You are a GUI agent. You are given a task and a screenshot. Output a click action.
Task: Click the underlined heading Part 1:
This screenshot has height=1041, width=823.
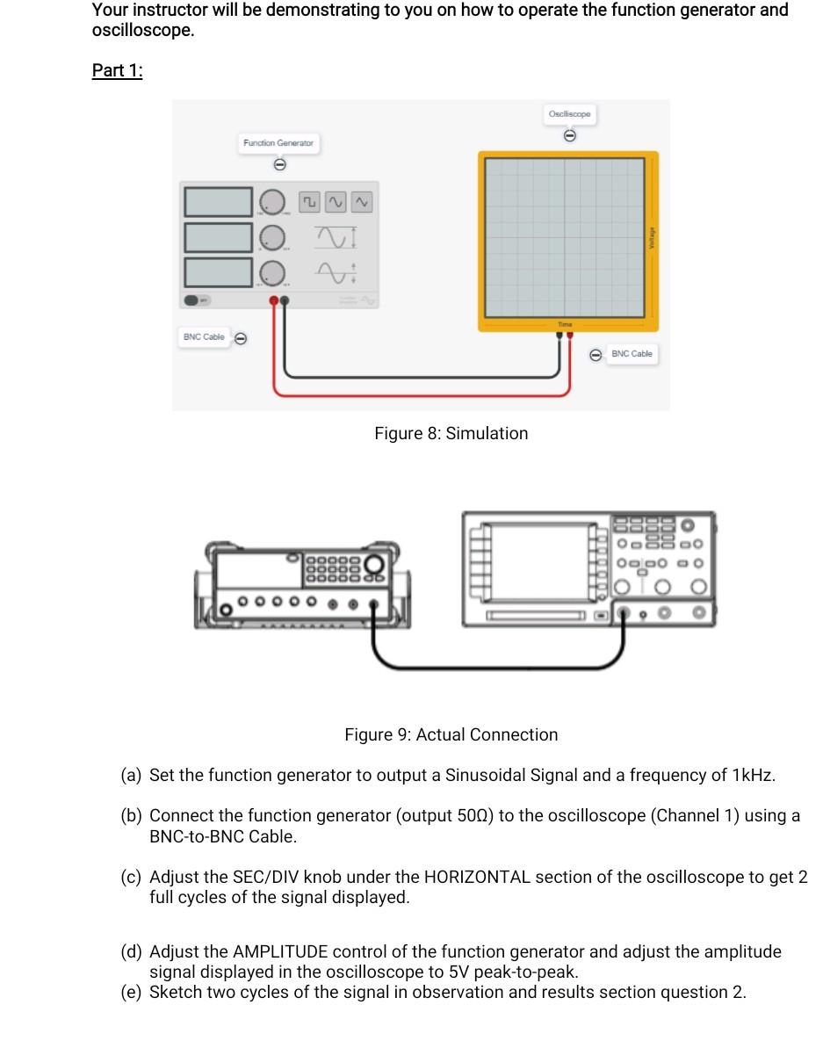coord(117,71)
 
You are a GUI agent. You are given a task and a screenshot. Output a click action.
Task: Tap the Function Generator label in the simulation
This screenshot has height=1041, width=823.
coord(278,142)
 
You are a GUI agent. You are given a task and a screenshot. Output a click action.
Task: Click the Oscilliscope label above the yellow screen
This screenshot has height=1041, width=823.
coord(570,114)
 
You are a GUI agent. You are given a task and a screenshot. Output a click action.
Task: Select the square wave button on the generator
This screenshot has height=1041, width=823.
coord(309,202)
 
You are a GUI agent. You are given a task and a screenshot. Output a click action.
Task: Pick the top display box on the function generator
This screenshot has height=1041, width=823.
coord(218,201)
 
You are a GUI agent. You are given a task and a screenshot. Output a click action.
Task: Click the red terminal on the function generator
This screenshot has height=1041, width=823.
coord(274,301)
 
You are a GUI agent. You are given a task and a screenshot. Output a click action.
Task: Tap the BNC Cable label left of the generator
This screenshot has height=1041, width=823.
coord(204,337)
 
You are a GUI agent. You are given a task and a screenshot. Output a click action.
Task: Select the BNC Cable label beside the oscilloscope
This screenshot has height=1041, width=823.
coord(632,354)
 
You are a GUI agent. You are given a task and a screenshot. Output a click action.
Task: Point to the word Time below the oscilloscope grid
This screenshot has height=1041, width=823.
coord(565,324)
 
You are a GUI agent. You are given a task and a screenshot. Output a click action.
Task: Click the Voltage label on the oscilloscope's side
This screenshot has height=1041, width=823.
coord(651,237)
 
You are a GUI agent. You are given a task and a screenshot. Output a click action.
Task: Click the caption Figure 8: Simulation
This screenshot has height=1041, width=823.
coord(451,433)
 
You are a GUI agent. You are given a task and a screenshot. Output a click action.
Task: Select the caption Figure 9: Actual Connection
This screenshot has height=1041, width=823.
coord(451,734)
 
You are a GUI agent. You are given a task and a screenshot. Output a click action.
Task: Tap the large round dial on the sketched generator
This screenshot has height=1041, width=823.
coord(375,563)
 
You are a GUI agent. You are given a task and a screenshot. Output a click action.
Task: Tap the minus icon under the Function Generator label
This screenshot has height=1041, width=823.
coord(279,164)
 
